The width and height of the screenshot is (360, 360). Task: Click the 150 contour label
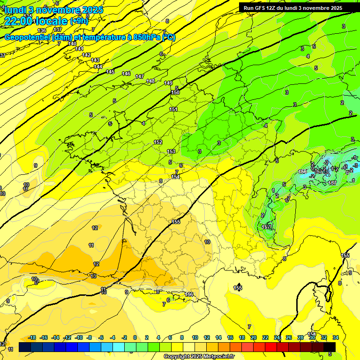click(175, 93)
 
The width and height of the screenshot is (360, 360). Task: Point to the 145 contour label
click(110, 72)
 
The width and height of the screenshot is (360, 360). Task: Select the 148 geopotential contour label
click(150, 81)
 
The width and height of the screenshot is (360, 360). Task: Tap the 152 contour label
click(158, 142)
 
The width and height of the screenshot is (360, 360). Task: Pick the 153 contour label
click(171, 151)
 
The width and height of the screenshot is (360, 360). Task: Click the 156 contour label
click(189, 294)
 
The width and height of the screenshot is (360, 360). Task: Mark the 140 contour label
click(72, 44)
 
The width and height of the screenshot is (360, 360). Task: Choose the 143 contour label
click(95, 60)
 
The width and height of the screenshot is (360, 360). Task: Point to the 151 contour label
click(173, 109)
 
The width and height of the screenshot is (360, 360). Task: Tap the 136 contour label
click(42, 30)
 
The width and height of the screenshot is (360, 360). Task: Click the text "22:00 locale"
click(36, 21)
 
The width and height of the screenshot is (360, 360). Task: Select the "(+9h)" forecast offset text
click(79, 21)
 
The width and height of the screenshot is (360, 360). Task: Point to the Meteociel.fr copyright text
click(199, 357)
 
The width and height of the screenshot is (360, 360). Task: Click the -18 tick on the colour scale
click(32, 337)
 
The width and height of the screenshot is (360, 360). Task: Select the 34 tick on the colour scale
click(336, 337)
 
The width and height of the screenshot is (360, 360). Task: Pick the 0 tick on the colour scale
click(135, 337)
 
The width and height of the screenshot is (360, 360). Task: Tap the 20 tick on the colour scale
click(254, 337)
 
